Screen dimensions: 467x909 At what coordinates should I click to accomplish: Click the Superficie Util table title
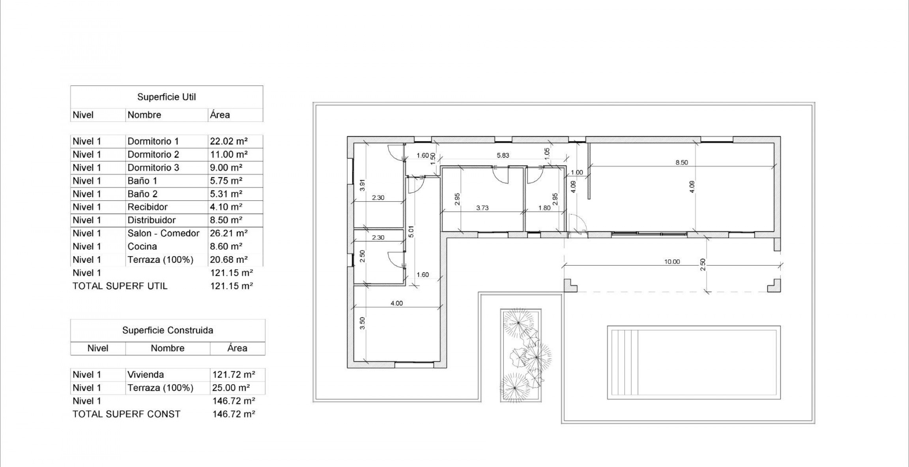click(166, 97)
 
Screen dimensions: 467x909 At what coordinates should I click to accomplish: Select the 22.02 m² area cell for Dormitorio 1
click(229, 141)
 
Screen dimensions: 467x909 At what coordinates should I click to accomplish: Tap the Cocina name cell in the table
click(142, 246)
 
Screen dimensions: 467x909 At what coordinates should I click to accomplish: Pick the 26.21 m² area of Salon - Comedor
click(229, 233)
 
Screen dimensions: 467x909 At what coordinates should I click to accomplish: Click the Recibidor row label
click(147, 207)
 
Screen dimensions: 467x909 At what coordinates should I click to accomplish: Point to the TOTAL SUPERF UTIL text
click(120, 286)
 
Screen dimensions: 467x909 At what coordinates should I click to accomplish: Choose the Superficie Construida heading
click(167, 330)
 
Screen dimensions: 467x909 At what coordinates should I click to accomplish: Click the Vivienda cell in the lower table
click(146, 375)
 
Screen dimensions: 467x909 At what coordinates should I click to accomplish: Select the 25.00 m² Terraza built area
click(231, 388)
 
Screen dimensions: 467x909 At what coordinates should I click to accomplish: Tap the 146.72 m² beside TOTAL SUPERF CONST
click(234, 414)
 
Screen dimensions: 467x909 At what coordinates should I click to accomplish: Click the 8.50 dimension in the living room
click(681, 162)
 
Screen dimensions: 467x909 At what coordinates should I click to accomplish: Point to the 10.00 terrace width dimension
click(672, 262)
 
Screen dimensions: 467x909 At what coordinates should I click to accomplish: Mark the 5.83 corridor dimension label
click(503, 155)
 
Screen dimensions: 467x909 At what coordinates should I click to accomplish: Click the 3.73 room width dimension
click(482, 208)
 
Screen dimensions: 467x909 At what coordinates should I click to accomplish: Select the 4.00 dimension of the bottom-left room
click(397, 303)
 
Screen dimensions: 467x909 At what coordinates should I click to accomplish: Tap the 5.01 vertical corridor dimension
click(411, 231)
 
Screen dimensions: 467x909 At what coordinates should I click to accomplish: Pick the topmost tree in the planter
click(518, 323)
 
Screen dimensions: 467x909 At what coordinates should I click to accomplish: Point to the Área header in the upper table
click(220, 115)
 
